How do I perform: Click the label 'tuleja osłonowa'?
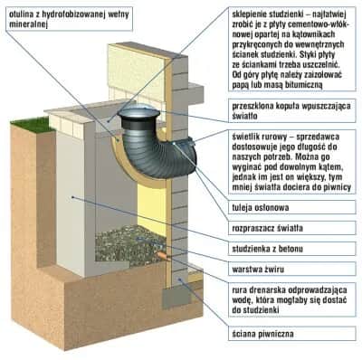coord(261,208)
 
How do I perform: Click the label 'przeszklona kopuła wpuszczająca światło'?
coord(291,111)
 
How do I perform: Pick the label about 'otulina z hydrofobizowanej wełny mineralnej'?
coord(69,19)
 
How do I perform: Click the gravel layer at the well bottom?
coord(129,245)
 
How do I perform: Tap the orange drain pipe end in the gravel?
coord(162,255)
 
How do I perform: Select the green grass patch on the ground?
coord(33,125)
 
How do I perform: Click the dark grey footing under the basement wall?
coord(176,297)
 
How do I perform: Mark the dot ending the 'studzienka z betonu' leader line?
coord(72,197)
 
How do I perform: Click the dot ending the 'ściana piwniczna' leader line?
coord(179,279)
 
